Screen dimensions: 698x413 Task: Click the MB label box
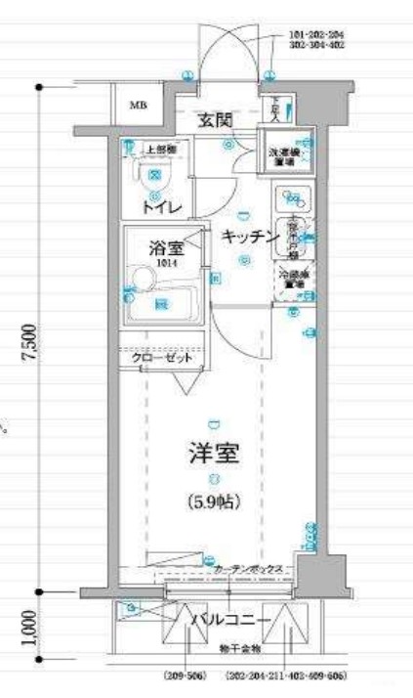tap(140, 106)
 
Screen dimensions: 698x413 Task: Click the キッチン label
tap(245, 237)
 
